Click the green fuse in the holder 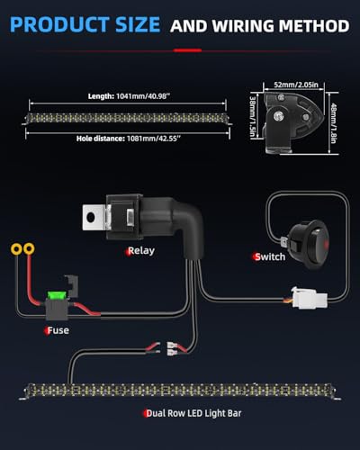point(54,295)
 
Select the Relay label point(141,251)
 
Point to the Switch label point(270,256)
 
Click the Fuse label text point(58,330)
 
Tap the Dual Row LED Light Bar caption point(193,413)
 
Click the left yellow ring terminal point(16,249)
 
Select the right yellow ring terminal point(29,248)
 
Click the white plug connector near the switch point(309,298)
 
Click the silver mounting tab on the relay point(93,217)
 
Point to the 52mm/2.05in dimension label point(296,85)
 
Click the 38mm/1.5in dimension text point(253,117)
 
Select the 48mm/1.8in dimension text point(334,123)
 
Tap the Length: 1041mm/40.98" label point(129,96)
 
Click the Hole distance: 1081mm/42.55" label point(129,139)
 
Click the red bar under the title point(187,50)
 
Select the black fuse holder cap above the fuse point(72,286)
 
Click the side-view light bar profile point(292,122)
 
